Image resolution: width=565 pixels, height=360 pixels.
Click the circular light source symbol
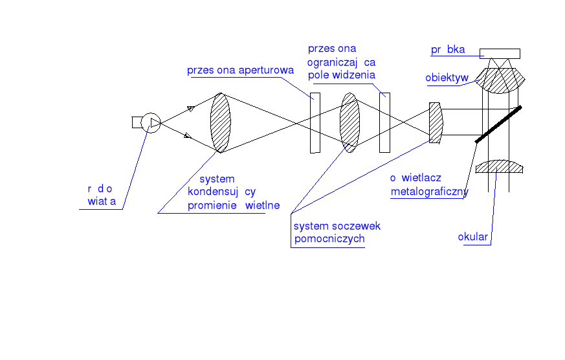tap(151, 122)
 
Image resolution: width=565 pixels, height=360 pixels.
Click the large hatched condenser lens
tap(221, 122)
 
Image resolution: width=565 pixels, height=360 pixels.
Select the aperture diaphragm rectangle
tap(315, 123)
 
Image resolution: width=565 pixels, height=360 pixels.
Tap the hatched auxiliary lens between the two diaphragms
tap(349, 122)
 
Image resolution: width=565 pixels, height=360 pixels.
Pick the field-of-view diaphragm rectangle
tap(384, 123)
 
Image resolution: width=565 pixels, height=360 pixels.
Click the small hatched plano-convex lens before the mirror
tap(436, 122)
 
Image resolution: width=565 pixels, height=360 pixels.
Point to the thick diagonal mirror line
tap(498, 124)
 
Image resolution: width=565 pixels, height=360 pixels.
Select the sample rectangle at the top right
tap(499, 53)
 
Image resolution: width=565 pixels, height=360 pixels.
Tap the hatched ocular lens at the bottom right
tap(499, 167)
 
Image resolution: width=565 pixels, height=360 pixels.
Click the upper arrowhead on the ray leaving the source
tap(191, 109)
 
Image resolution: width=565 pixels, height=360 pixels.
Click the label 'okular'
tap(472, 237)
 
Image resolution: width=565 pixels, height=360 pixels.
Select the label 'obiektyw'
tap(447, 78)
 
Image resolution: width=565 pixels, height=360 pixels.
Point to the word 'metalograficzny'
tap(429, 192)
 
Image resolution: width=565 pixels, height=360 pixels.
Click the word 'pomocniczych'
tap(329, 239)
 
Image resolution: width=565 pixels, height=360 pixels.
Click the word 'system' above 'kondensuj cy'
tap(217, 179)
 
